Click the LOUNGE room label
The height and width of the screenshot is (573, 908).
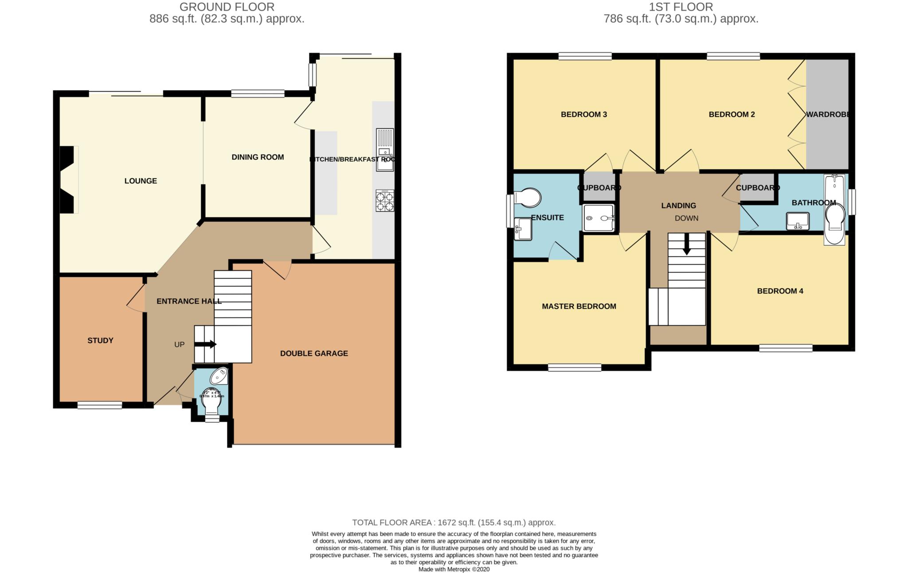pyautogui.click(x=141, y=181)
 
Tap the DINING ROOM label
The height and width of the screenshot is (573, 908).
pyautogui.click(x=258, y=157)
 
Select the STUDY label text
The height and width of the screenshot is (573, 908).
pyautogui.click(x=100, y=341)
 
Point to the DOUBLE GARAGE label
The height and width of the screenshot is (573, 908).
pyautogui.click(x=314, y=353)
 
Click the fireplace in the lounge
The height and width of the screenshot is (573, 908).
pyautogui.click(x=68, y=180)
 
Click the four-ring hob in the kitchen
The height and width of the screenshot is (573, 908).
pyautogui.click(x=384, y=201)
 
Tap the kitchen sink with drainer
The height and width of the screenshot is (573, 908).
pyautogui.click(x=384, y=149)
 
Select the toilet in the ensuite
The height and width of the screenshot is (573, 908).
pyautogui.click(x=528, y=198)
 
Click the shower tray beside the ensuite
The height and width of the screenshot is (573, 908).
pyautogui.click(x=599, y=218)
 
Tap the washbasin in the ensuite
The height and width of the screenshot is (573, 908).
pyautogui.click(x=522, y=229)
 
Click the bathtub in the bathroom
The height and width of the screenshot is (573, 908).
pyautogui.click(x=834, y=209)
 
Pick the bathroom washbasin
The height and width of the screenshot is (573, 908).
pyautogui.click(x=798, y=221)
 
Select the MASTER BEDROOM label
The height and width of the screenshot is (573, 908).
pyautogui.click(x=579, y=306)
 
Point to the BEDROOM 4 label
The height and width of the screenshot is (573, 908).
pyautogui.click(x=780, y=291)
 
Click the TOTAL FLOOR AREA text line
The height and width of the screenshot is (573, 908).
pyautogui.click(x=454, y=523)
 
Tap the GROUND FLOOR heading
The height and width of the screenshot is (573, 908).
pyautogui.click(x=227, y=7)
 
